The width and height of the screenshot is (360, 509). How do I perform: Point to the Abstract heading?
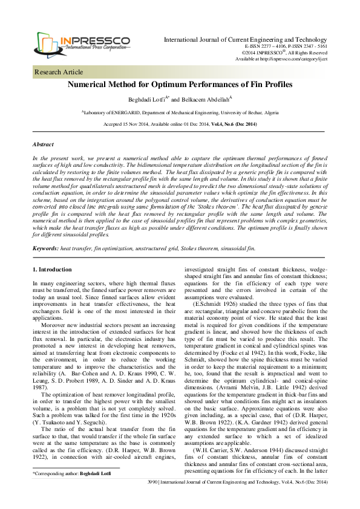[x=43, y=145]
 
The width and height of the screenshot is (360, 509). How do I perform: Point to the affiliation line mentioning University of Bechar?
[x=180, y=112]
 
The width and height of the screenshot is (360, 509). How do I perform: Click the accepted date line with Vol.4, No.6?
[x=180, y=124]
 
